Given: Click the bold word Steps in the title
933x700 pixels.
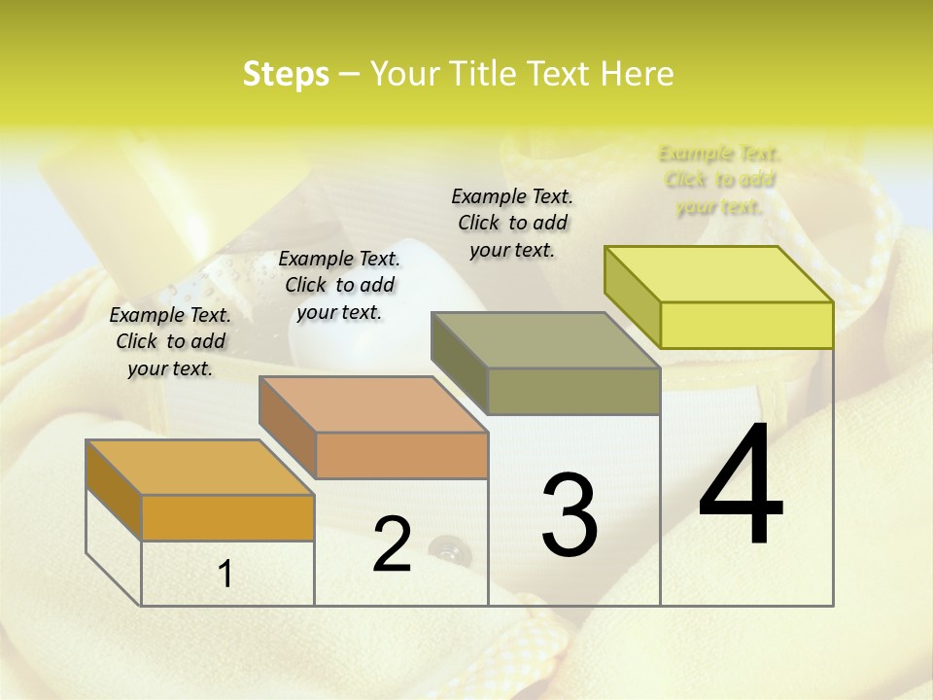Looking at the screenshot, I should pyautogui.click(x=286, y=74).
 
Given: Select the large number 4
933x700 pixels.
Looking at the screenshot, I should pyautogui.click(x=741, y=486).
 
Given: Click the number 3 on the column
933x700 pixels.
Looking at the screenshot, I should pyautogui.click(x=570, y=515).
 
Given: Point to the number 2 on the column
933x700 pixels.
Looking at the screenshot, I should pyautogui.click(x=392, y=544).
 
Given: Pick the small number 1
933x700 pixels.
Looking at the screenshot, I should pyautogui.click(x=225, y=575).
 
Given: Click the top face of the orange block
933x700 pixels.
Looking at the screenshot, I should pyautogui.click(x=200, y=468).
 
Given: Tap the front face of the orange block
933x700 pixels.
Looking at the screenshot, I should pyautogui.click(x=227, y=517).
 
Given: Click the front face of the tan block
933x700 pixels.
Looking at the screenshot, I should pyautogui.click(x=401, y=455).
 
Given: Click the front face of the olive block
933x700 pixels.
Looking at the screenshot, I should pyautogui.click(x=573, y=391).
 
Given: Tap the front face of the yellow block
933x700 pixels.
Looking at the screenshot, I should pyautogui.click(x=746, y=325).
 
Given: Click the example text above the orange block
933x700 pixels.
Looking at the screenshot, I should pyautogui.click(x=170, y=341).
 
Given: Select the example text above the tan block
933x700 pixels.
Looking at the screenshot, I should pyautogui.click(x=339, y=285).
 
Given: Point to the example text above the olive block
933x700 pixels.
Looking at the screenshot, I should pyautogui.click(x=512, y=223).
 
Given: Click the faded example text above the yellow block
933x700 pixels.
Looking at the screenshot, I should pyautogui.click(x=719, y=180).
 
